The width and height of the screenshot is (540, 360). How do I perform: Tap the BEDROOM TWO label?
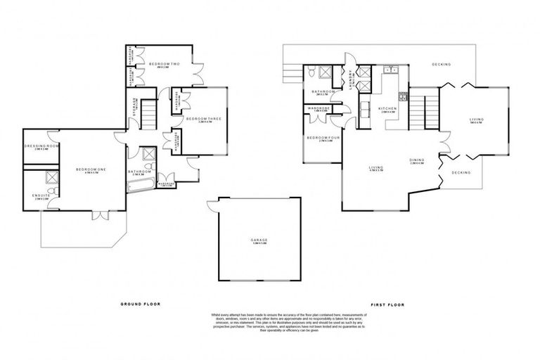click(x=165, y=65)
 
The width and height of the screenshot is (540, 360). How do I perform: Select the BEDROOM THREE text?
click(x=204, y=120)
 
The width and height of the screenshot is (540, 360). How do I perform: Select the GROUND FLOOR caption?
click(x=141, y=304)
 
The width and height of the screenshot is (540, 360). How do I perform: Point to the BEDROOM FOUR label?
click(x=324, y=139)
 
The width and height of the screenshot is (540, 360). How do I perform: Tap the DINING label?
click(x=417, y=161)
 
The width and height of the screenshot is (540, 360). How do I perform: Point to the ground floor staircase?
click(x=148, y=112)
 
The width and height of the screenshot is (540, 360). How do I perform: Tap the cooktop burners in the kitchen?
click(x=404, y=96)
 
